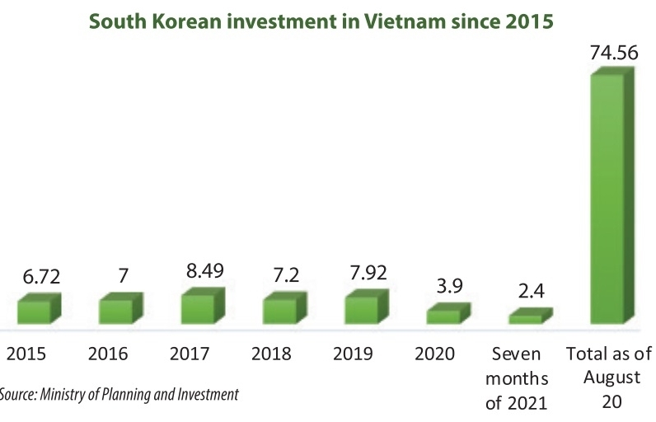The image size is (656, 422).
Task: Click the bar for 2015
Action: click(35, 311)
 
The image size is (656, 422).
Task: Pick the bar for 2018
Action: click(279, 311)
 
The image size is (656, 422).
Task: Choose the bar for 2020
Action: click(443, 316)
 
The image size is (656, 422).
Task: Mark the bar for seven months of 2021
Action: click(525, 317)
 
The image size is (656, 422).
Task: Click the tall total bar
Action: click(611, 198)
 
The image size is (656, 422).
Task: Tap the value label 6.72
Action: click(40, 277)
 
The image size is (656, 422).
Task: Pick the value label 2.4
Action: click(530, 293)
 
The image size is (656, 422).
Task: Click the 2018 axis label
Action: click(271, 354)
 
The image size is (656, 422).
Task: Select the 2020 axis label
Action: click(435, 354)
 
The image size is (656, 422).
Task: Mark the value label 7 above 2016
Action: click(122, 277)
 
